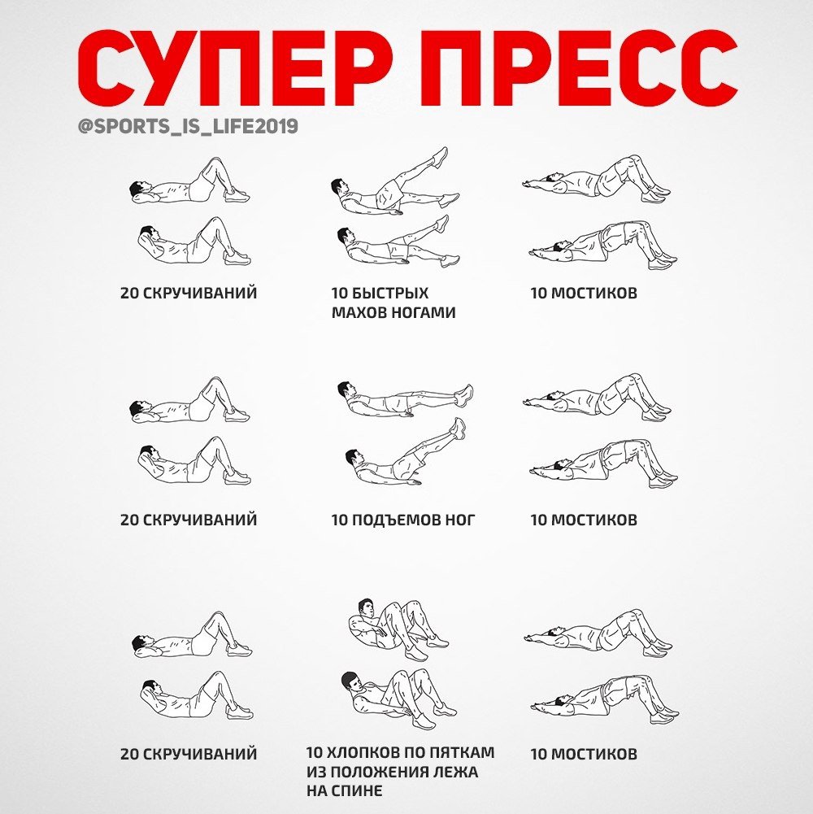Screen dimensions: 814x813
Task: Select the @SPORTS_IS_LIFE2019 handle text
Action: pos(188,127)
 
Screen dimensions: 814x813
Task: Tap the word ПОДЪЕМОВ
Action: pos(393,520)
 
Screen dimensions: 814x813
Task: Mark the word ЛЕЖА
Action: pos(458,772)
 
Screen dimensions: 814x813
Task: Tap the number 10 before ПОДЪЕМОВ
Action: pos(339,520)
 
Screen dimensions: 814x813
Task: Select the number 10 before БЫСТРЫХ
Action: pos(339,294)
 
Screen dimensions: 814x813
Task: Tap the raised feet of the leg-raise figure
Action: pos(459,428)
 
